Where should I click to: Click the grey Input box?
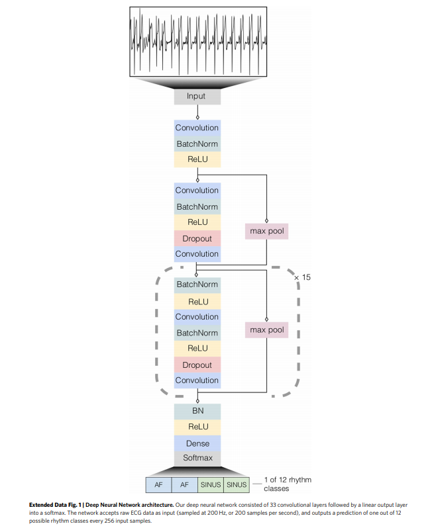pos(197,96)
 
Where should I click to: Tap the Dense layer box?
pos(197,443)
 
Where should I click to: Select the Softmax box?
pos(197,458)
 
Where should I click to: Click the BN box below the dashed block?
pos(197,411)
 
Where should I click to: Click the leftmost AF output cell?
pos(158,485)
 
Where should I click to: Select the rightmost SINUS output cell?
pos(237,485)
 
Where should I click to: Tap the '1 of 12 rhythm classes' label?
pos(287,484)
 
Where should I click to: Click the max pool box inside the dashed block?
pos(267,330)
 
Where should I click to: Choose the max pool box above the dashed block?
pos(267,231)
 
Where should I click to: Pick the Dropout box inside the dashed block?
pos(197,365)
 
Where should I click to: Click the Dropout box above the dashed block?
pos(197,238)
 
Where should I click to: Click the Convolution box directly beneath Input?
pos(197,128)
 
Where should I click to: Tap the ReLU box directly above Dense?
pos(197,427)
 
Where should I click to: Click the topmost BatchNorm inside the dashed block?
pos(197,284)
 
